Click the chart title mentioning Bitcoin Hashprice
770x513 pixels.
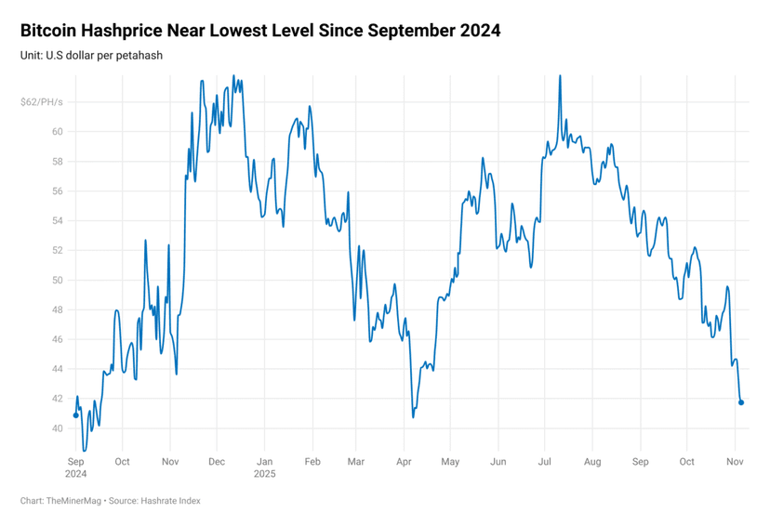pyautogui.click(x=260, y=31)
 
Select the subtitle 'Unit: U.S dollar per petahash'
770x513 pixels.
pyautogui.click(x=91, y=56)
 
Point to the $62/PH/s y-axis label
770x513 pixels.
pyautogui.click(x=41, y=101)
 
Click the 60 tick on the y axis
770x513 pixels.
pyautogui.click(x=57, y=131)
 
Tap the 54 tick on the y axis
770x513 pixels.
pyautogui.click(x=57, y=220)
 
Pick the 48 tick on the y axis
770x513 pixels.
pyautogui.click(x=57, y=309)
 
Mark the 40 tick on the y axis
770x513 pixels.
pyautogui.click(x=57, y=428)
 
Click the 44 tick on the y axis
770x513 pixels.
pyautogui.click(x=57, y=369)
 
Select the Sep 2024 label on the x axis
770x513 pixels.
pyautogui.click(x=75, y=467)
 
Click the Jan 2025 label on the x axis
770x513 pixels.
pyautogui.click(x=264, y=467)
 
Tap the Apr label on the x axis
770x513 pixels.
pyautogui.click(x=403, y=461)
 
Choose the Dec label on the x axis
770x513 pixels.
pyautogui.click(x=216, y=461)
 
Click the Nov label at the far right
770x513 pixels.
pyautogui.click(x=735, y=461)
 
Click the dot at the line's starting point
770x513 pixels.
pyautogui.click(x=75, y=415)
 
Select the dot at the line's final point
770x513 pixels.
pyautogui.click(x=741, y=402)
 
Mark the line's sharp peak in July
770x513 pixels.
pyautogui.click(x=560, y=77)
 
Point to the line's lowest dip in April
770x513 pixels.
pyautogui.click(x=413, y=416)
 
